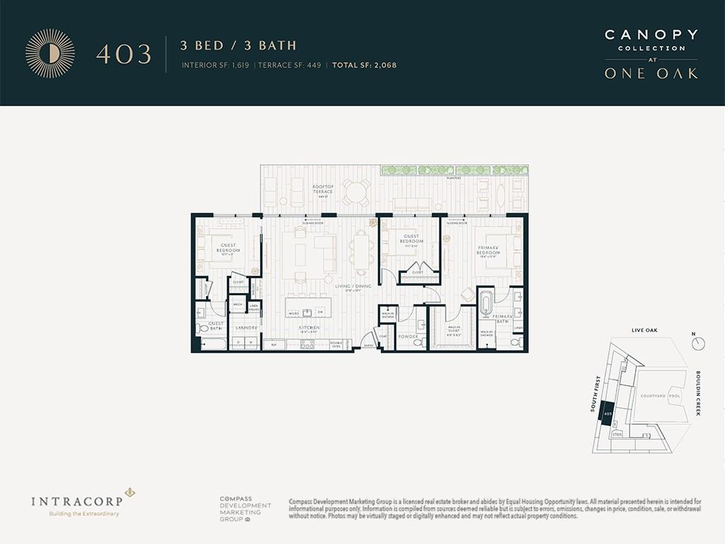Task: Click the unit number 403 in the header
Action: coord(124,55)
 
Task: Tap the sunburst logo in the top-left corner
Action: coord(50,53)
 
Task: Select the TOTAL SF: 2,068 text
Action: coord(366,65)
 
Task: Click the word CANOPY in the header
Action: coord(651,35)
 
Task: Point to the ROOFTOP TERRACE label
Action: coord(323,189)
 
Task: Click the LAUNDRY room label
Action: coord(245,328)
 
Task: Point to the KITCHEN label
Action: coord(309,328)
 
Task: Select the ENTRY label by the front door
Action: coord(368,345)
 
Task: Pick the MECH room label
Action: coord(238,305)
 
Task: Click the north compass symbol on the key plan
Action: coord(698,343)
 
